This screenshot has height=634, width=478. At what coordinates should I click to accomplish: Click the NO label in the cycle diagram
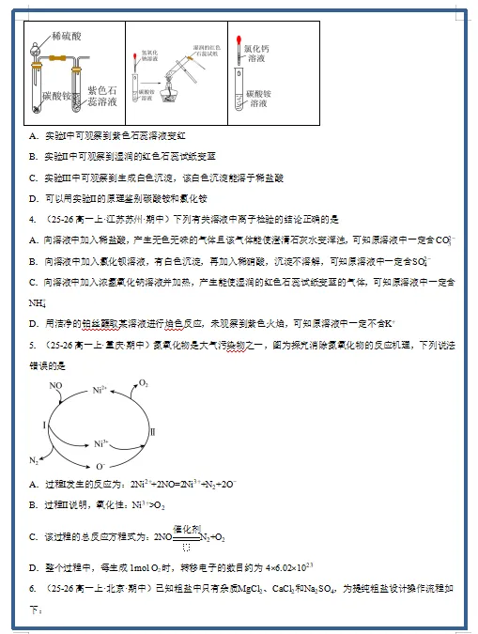pos(55,386)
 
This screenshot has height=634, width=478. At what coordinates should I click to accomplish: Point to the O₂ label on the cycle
pos(144,383)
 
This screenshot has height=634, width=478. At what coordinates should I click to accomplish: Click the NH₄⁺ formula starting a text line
pos(38,302)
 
